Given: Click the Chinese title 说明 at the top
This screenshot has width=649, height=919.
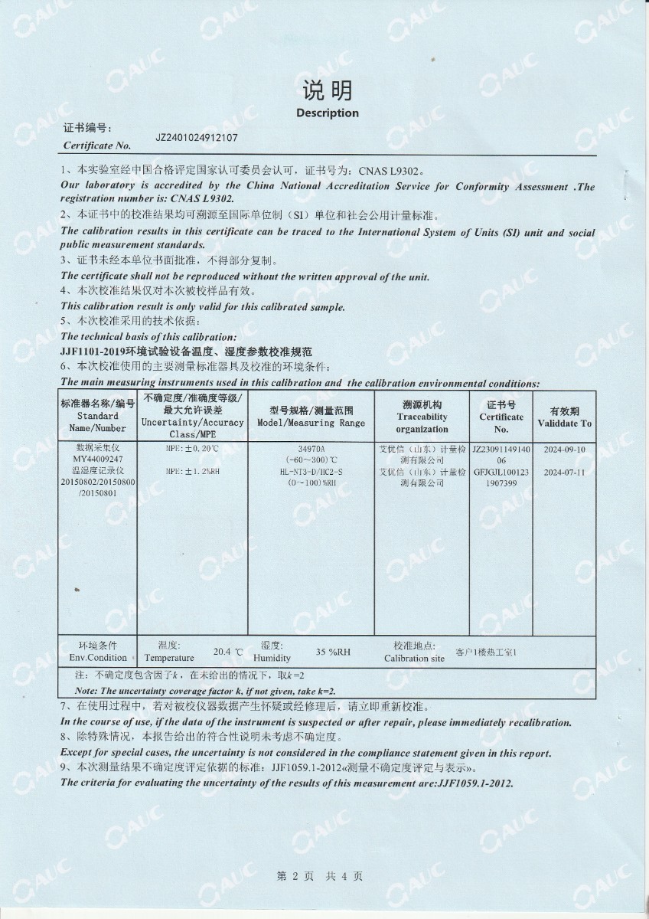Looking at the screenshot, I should click(327, 91).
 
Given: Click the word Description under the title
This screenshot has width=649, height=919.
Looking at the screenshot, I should click(327, 113).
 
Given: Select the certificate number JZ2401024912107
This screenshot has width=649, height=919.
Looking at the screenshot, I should click(197, 139).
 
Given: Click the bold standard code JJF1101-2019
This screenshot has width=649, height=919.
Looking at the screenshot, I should click(91, 351).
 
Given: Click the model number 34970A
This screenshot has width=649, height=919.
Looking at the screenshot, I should click(311, 448).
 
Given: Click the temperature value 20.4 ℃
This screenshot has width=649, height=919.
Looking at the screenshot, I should click(227, 652).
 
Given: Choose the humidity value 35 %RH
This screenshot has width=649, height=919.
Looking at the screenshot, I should click(333, 652).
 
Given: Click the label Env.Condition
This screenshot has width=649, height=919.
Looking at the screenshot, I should click(98, 657).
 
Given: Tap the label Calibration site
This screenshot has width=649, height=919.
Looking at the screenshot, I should click(413, 658).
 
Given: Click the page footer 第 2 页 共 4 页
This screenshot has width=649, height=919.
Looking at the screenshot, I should click(319, 876).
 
